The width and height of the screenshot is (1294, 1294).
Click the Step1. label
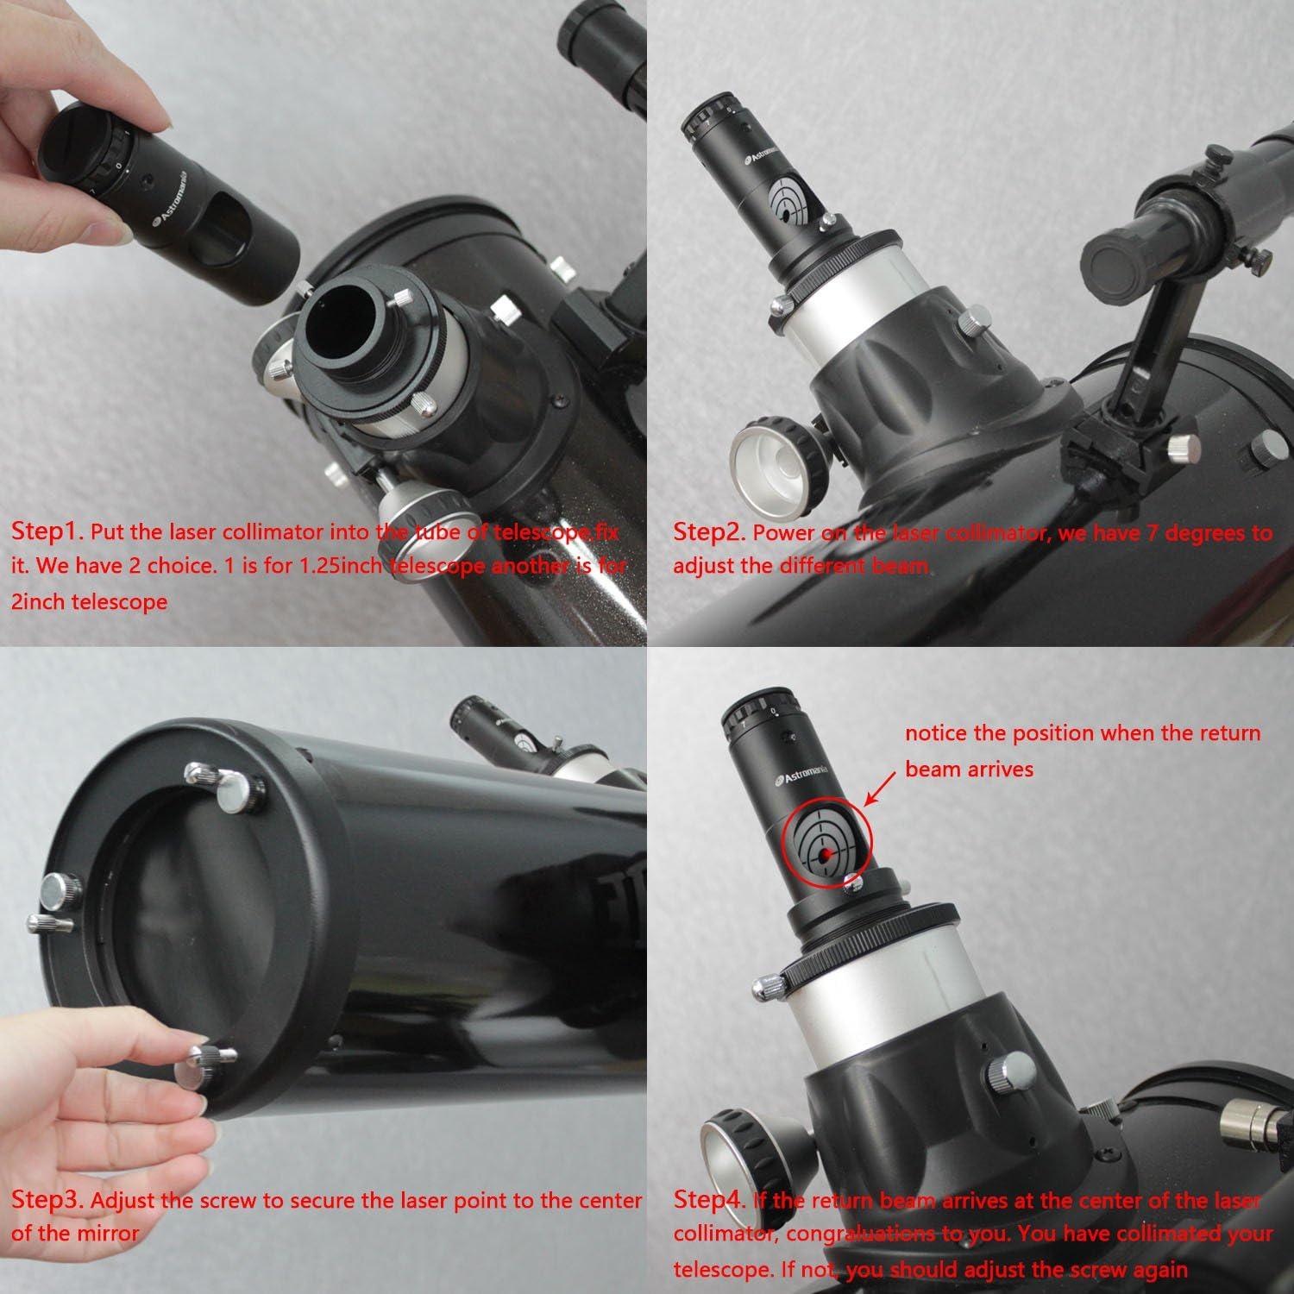(47, 531)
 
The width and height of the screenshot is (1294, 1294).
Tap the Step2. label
(708, 532)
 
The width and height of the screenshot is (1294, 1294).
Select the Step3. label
(48, 1200)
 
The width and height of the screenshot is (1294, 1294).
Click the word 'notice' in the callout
(937, 734)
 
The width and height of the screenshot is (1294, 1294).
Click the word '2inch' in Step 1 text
(39, 601)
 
